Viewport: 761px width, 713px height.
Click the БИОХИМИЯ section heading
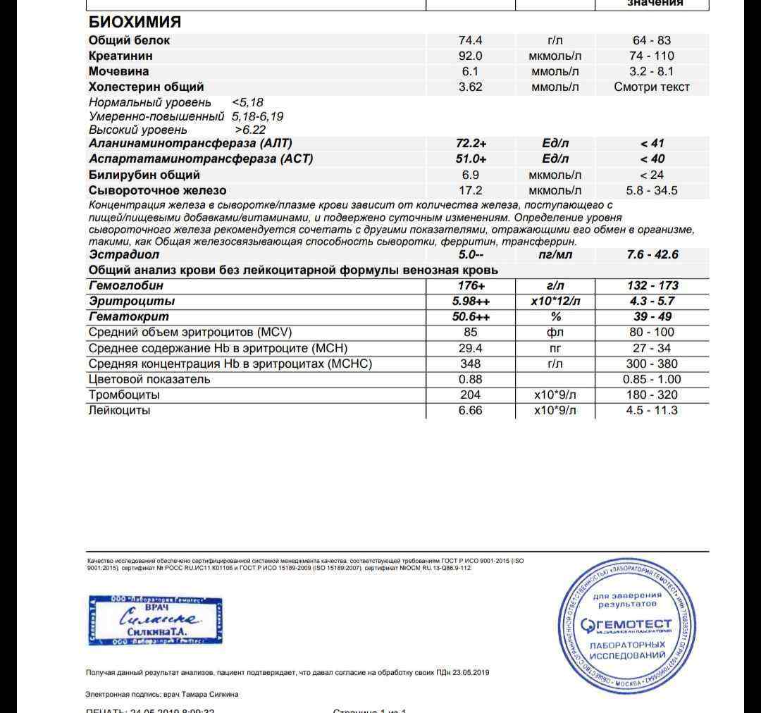coord(135,22)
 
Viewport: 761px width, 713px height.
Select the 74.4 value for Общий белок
coord(470,40)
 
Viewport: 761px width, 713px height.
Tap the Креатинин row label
coord(120,56)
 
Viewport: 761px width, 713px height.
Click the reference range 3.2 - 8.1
coord(651,71)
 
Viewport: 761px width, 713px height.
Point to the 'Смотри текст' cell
coord(652,87)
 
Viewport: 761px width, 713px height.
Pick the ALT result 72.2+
coord(471,144)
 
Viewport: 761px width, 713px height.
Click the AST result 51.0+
coord(471,159)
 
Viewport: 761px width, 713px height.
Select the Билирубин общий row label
coord(144,175)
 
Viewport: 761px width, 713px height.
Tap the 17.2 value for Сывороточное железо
coord(470,190)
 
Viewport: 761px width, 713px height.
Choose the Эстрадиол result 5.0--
coord(471,254)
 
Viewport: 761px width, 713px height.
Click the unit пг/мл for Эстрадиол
coord(555,254)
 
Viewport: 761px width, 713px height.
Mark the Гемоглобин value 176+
coord(471,285)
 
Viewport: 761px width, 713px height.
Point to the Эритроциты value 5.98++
coord(471,301)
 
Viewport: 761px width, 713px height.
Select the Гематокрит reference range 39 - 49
coord(652,316)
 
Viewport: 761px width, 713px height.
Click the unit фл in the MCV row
coord(555,332)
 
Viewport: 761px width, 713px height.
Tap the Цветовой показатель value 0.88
coord(470,379)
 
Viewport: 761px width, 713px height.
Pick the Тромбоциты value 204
coord(470,395)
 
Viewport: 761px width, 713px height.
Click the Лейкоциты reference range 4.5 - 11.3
coord(652,410)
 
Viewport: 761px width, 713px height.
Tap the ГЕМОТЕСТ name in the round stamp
coord(626,624)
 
